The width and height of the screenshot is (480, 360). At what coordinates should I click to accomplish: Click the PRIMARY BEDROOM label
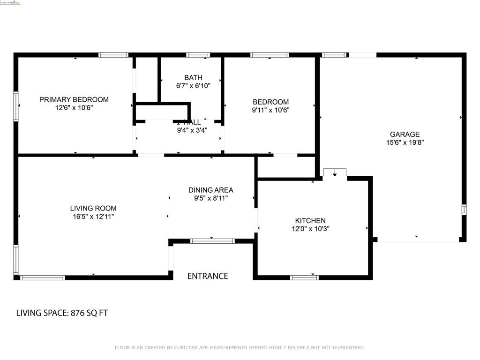(74, 99)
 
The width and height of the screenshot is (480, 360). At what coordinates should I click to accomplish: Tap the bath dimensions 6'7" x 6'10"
(193, 86)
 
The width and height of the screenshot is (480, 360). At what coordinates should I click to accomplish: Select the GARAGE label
(405, 134)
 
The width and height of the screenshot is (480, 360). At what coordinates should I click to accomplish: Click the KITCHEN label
(310, 221)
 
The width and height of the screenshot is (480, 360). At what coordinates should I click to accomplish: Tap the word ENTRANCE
(208, 276)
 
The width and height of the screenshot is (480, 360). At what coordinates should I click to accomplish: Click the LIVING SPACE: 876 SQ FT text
(62, 313)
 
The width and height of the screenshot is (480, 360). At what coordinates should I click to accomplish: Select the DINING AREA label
(210, 190)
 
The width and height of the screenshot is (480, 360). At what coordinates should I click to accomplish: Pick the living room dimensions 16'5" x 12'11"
(93, 217)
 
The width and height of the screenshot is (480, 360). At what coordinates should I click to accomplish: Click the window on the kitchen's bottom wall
(304, 277)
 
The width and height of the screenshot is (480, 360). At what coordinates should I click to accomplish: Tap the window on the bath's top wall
(198, 55)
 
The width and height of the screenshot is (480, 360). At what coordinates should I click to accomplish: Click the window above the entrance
(212, 241)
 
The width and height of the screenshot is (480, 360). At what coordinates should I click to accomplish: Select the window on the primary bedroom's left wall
(16, 106)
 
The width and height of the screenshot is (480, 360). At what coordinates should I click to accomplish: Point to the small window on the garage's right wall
(464, 210)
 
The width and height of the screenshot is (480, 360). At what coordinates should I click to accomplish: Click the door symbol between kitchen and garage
(335, 172)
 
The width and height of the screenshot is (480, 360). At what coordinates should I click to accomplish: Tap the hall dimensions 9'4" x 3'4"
(192, 130)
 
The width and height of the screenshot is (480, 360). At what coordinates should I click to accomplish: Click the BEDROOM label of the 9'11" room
(270, 102)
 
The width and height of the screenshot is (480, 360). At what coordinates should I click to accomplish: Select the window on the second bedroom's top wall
(270, 55)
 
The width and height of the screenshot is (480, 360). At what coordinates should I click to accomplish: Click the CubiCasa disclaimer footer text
(240, 347)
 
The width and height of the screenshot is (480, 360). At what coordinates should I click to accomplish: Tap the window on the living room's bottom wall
(43, 277)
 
